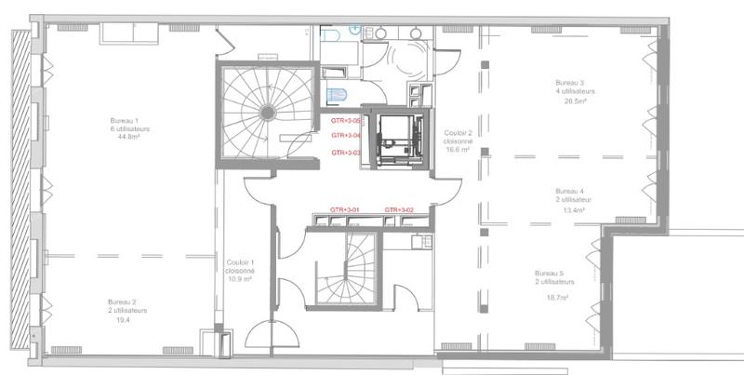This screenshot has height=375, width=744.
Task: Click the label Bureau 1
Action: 124,120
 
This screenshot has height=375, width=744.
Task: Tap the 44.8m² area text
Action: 124,137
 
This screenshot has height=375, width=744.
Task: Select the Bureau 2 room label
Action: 123,302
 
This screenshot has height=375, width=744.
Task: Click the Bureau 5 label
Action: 554,272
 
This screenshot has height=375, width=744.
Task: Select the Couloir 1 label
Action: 240,261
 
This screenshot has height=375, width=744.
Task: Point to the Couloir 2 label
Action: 459,132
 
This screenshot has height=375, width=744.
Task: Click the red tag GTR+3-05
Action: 346,120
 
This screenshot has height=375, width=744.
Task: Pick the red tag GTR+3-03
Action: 346,153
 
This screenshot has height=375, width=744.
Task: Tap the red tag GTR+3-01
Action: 344,210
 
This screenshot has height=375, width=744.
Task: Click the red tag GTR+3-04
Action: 346,136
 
